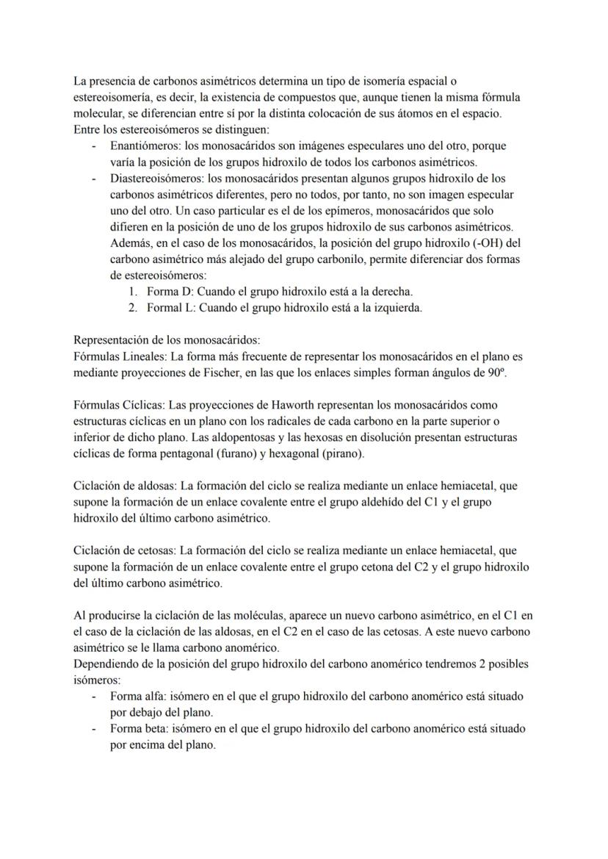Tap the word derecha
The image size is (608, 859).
[x=389, y=291]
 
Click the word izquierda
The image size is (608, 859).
[x=397, y=307]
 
